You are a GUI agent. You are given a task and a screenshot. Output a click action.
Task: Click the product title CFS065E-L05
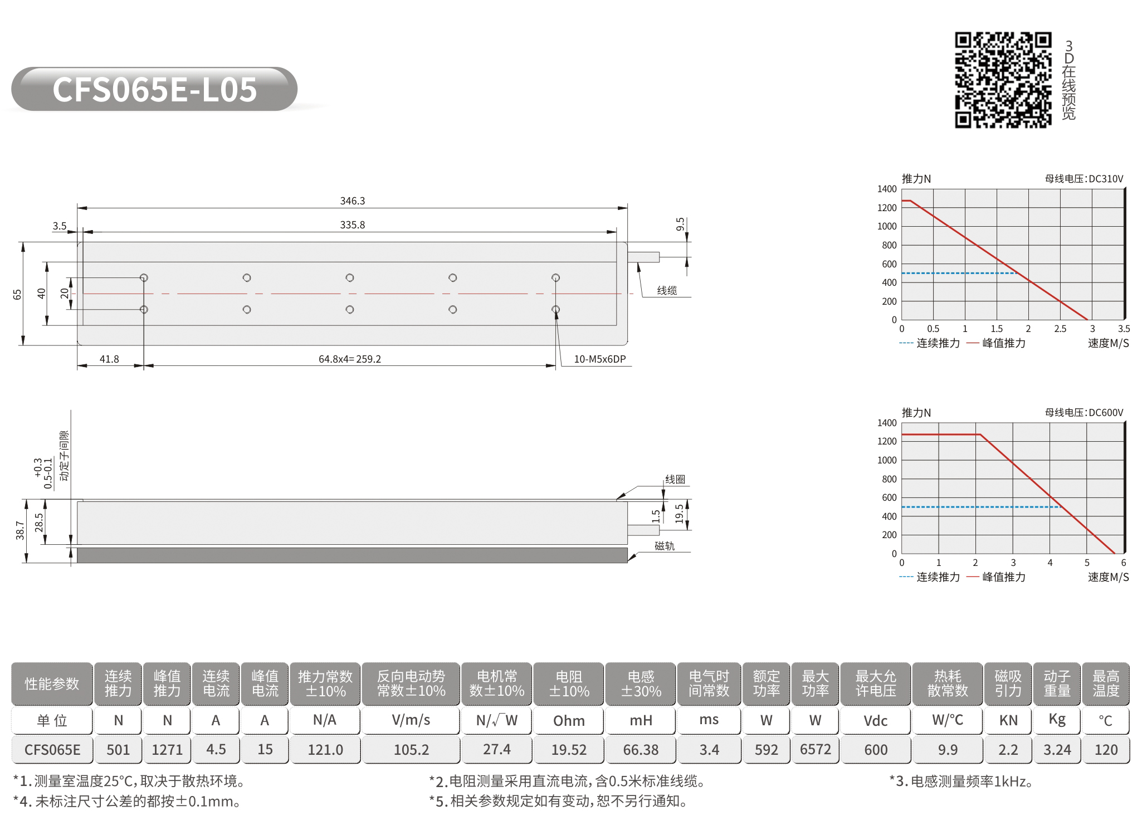tap(154, 89)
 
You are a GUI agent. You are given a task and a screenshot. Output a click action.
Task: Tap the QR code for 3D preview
tap(1003, 80)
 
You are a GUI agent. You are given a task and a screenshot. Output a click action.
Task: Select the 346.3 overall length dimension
tap(353, 201)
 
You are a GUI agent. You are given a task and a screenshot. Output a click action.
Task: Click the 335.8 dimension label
tap(353, 224)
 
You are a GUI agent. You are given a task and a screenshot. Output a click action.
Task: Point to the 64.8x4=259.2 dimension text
tap(350, 359)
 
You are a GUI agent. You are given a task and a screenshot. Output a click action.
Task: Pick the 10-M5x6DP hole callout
tap(600, 359)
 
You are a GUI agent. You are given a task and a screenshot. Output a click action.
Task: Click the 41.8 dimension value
tap(109, 359)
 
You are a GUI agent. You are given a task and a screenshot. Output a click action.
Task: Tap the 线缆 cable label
tap(667, 290)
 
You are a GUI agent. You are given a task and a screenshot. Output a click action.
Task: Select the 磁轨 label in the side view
tap(665, 546)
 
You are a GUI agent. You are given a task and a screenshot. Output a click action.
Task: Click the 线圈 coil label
tap(675, 479)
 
